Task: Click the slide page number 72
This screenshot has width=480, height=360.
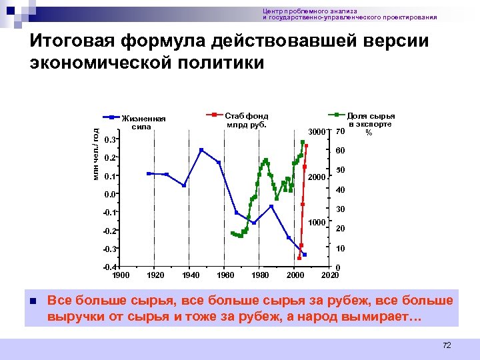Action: [x=447, y=345]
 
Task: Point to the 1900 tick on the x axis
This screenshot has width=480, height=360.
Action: [x=121, y=275]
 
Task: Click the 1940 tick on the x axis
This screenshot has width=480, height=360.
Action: [x=191, y=275]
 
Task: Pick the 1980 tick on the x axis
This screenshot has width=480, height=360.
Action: [x=261, y=275]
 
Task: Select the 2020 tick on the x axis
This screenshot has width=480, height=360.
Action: [x=330, y=275]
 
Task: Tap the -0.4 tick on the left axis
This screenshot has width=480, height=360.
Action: [x=110, y=267]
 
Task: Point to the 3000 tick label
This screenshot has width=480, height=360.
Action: [x=316, y=131]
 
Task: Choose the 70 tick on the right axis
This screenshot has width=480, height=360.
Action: [x=340, y=131]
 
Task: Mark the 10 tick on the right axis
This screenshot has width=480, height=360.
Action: [x=340, y=249]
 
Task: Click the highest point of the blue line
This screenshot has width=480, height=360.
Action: [x=201, y=149]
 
